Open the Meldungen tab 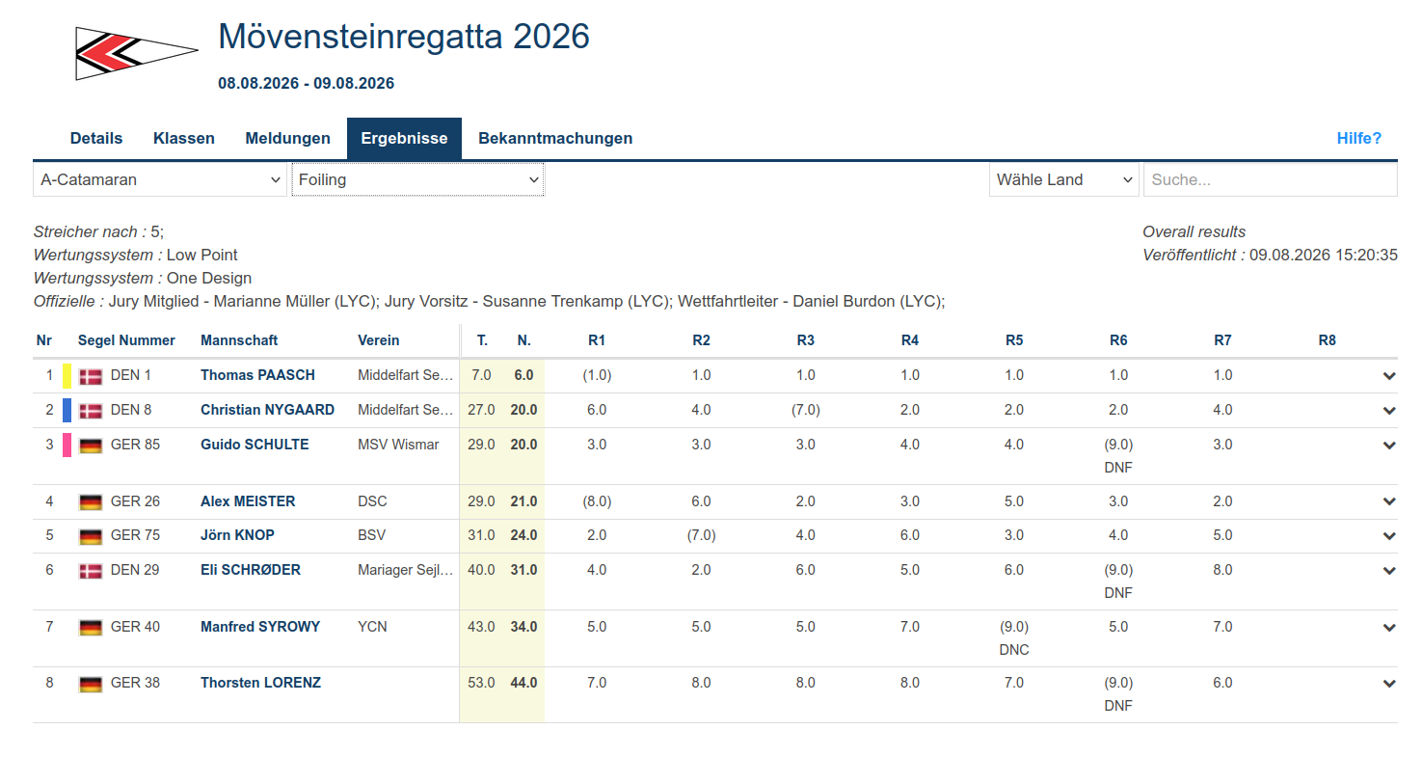coord(287,139)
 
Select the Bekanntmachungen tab coord(555,139)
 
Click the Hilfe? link coord(1359,139)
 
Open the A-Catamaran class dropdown coord(160,179)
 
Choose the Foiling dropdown coord(417,179)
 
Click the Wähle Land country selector coord(1064,179)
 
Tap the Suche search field coord(1271,179)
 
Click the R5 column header coord(1014,340)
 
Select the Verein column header coord(378,340)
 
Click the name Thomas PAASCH coord(257,375)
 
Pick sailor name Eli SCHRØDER coord(251,570)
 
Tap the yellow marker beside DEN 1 coord(67,376)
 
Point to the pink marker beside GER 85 coord(67,446)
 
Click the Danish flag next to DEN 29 coord(91,571)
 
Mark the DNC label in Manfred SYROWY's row coord(1014,650)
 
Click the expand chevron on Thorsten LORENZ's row coord(1389,684)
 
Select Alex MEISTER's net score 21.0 coord(523,501)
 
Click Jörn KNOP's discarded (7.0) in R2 coord(701,535)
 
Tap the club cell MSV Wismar coord(398,445)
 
